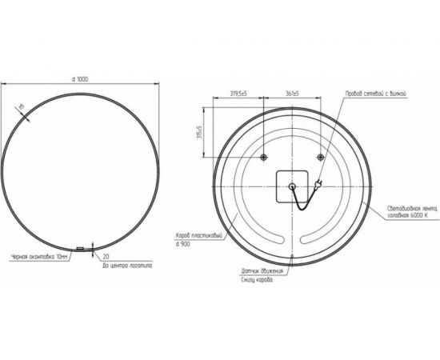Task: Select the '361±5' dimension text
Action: click(x=291, y=94)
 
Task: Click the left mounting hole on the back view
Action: click(x=263, y=158)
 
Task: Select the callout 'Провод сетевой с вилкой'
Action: click(x=378, y=94)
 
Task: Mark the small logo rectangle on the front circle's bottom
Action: click(x=81, y=249)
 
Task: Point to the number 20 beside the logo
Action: click(x=106, y=256)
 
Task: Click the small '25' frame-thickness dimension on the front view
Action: click(x=22, y=107)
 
